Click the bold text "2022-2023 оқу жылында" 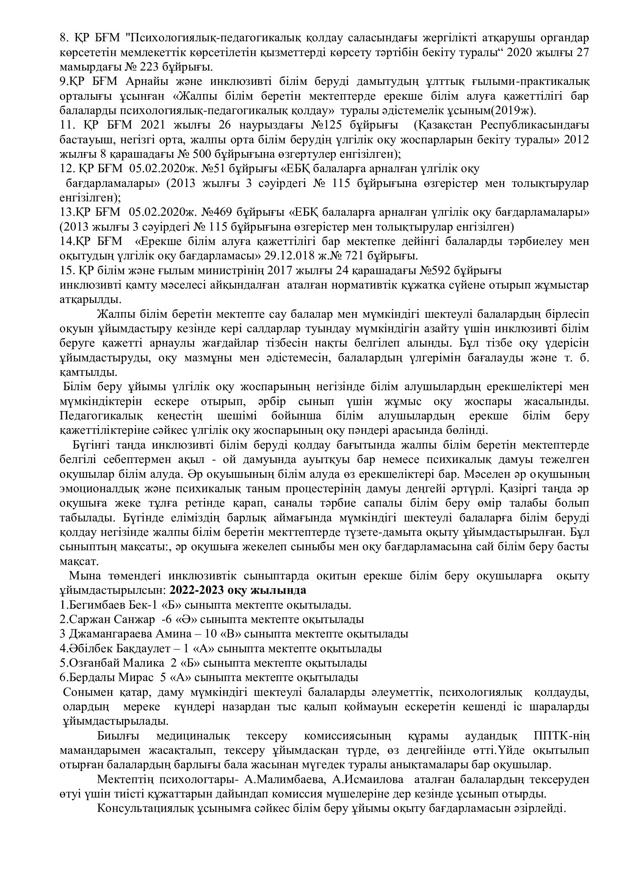(238, 590)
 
